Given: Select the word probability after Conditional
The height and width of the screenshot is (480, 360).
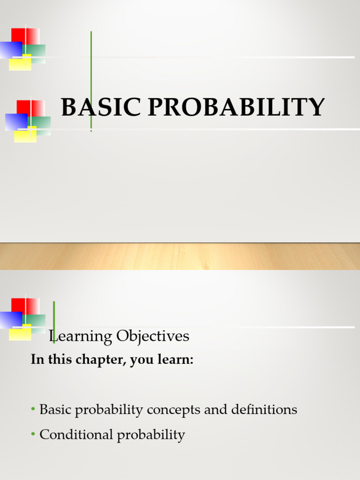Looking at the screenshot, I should coord(151,435).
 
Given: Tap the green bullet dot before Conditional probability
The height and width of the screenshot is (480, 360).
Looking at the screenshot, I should coord(33,435).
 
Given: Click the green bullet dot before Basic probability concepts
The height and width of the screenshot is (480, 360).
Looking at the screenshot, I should coord(33,409).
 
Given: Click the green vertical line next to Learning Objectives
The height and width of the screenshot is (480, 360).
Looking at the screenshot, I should coord(54,314).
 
